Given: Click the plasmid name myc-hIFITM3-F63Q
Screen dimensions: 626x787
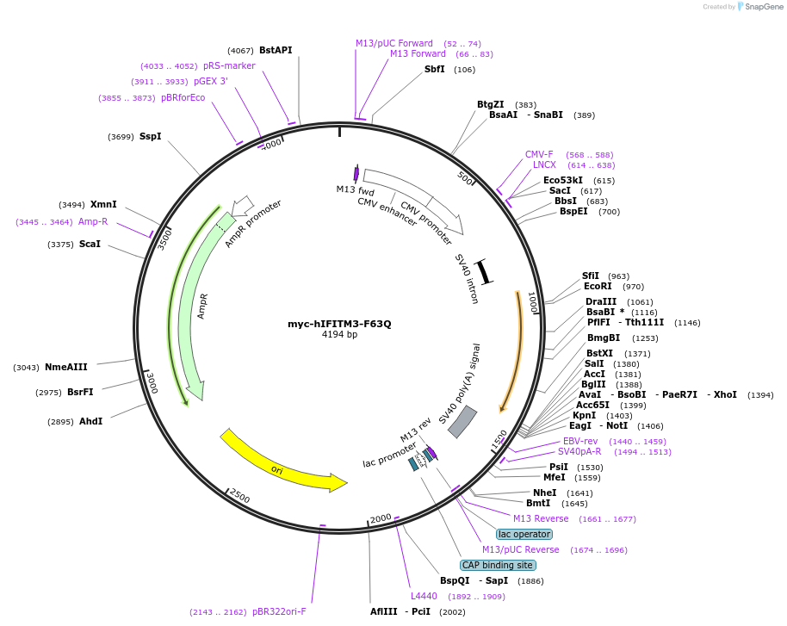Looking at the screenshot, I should click(339, 324).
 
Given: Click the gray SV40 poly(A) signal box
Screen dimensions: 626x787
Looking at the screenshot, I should click(462, 421).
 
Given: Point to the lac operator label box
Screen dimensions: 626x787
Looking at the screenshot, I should click(524, 534).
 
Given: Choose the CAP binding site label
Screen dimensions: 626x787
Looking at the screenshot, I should click(498, 565).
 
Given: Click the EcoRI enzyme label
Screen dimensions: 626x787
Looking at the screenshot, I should click(597, 287).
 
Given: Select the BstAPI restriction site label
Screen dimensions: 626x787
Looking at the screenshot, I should click(276, 50).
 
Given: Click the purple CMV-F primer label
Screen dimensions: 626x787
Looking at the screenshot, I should click(539, 155).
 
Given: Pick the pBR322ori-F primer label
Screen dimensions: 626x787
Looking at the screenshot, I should click(279, 612).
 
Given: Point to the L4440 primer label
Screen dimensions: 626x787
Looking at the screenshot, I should click(424, 596).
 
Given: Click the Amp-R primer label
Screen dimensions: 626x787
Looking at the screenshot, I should click(93, 221).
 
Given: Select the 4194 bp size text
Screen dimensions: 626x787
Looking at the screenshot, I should click(339, 335).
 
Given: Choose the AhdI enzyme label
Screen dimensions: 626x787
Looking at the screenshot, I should click(91, 421).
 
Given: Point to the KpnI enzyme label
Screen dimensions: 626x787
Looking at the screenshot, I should click(585, 415).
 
